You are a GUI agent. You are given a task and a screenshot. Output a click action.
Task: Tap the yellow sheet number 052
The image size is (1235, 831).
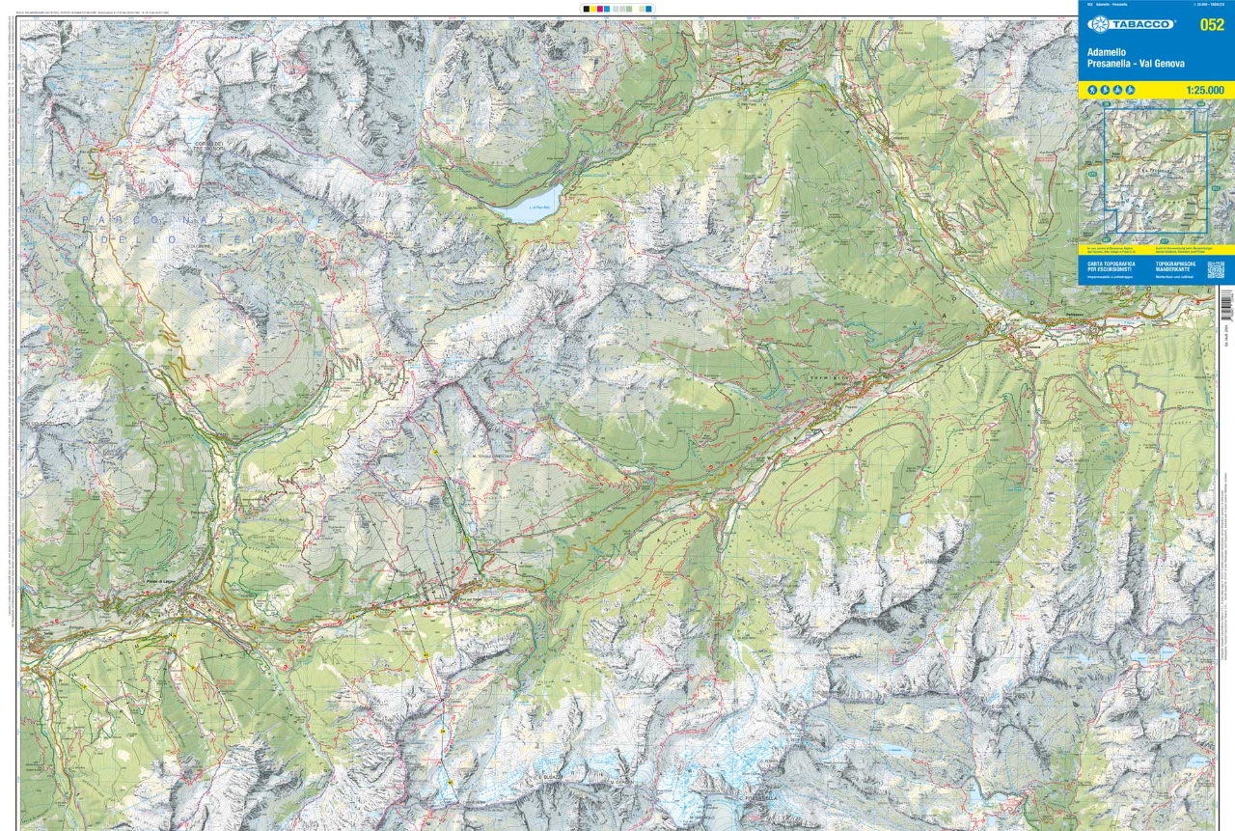coord(1211,25)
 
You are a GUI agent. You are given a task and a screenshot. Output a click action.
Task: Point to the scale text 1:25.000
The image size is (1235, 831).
coord(1204,90)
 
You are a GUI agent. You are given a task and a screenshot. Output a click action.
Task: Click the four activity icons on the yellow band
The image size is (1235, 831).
coord(1111,90)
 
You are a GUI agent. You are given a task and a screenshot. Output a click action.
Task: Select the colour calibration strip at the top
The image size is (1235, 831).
coord(617,9)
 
